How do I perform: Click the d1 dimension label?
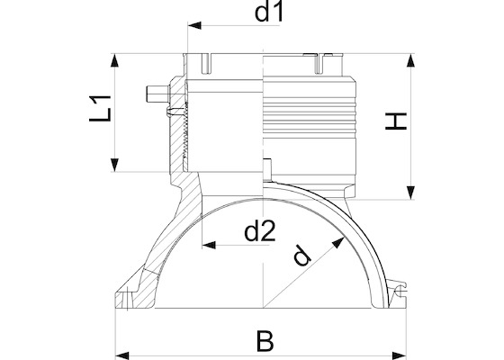click(x=269, y=13)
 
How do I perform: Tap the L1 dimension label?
click(x=100, y=108)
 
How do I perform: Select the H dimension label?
click(x=396, y=121)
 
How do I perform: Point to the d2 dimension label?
click(x=260, y=231)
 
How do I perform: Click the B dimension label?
click(x=265, y=340)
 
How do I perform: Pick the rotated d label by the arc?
click(x=301, y=256)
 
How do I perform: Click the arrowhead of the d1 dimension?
click(x=194, y=25)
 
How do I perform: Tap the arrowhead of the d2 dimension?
click(x=209, y=245)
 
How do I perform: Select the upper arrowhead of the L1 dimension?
click(x=114, y=60)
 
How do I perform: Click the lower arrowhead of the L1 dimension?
click(x=114, y=165)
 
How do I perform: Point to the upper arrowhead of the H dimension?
click(x=410, y=60)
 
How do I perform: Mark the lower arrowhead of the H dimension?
click(x=410, y=193)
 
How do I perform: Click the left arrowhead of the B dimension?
click(x=122, y=355)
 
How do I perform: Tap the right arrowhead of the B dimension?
click(x=400, y=355)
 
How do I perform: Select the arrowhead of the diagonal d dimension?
click(x=338, y=242)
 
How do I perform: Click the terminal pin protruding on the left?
click(x=157, y=94)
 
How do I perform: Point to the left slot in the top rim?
click(x=206, y=64)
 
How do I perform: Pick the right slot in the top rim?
click(x=319, y=64)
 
